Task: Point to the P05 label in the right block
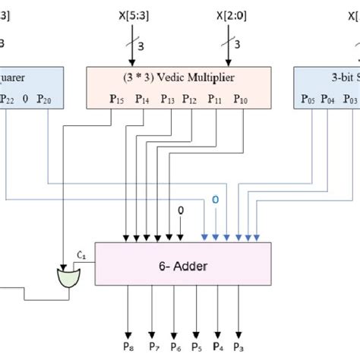(x=308, y=98)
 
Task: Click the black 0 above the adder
(x=181, y=210)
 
